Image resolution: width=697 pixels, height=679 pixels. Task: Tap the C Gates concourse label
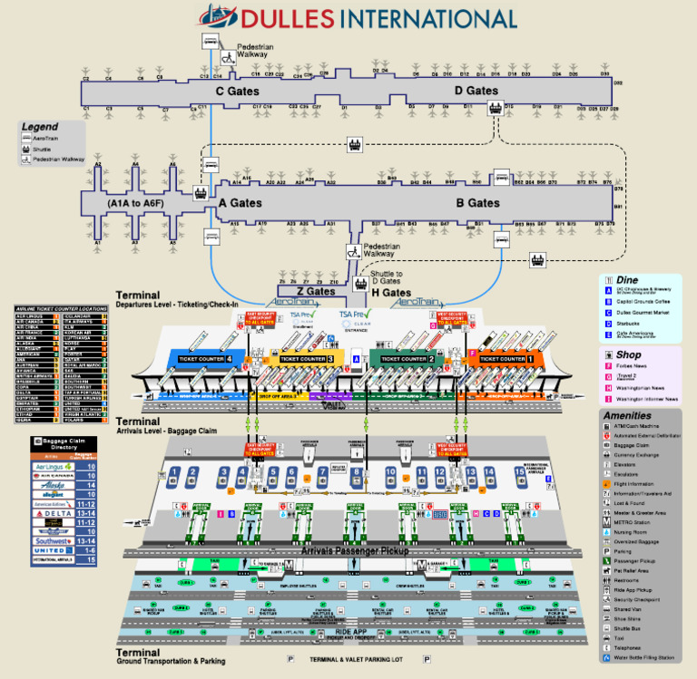tap(238, 91)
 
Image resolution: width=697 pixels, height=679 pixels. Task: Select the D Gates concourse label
tap(476, 91)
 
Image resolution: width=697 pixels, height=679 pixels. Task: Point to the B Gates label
tap(479, 203)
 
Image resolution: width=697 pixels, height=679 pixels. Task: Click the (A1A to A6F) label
tap(135, 204)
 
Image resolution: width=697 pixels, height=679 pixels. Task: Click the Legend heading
tap(41, 127)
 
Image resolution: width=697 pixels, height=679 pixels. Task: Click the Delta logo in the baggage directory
tap(48, 512)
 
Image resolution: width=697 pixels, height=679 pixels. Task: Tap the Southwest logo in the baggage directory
tap(48, 539)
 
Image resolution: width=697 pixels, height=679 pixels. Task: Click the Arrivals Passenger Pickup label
tap(348, 550)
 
